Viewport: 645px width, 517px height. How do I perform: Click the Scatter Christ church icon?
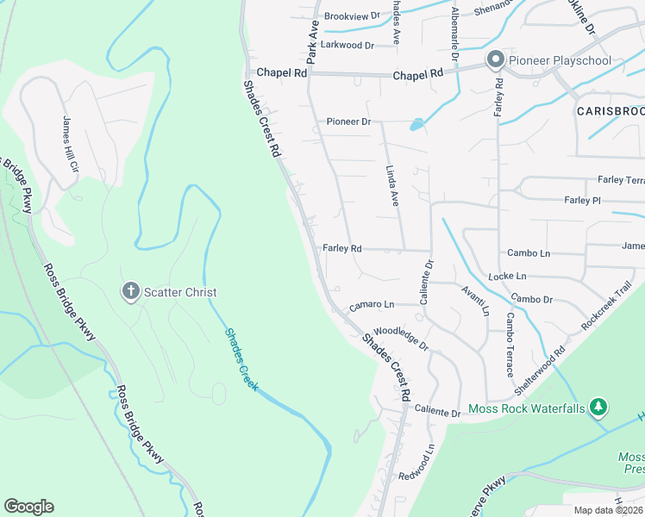pyautogui.click(x=131, y=291)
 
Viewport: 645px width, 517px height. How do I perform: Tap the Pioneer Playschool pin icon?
pyautogui.click(x=495, y=60)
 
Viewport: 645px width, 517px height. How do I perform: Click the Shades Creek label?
pyautogui.click(x=241, y=358)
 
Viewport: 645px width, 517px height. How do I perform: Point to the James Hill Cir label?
pyautogui.click(x=69, y=143)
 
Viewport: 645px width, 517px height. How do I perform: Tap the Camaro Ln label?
pyautogui.click(x=371, y=305)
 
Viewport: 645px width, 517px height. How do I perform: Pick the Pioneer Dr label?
pyautogui.click(x=348, y=121)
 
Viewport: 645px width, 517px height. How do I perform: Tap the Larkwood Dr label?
pyautogui.click(x=347, y=45)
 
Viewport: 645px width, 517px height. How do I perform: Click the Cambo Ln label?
pyautogui.click(x=528, y=253)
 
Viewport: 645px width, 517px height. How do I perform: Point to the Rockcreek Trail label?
pyautogui.click(x=607, y=304)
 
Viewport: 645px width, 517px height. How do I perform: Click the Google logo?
pyautogui.click(x=28, y=507)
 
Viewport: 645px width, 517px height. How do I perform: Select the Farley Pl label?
pyautogui.click(x=582, y=200)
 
